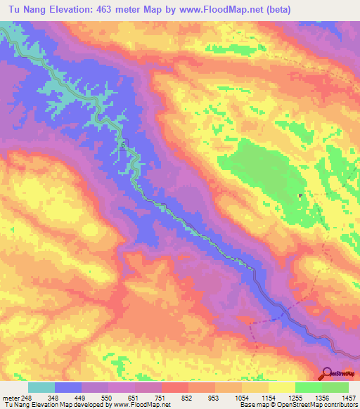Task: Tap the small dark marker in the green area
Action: [x=300, y=196]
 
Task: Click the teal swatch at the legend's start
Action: [x=41, y=387]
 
